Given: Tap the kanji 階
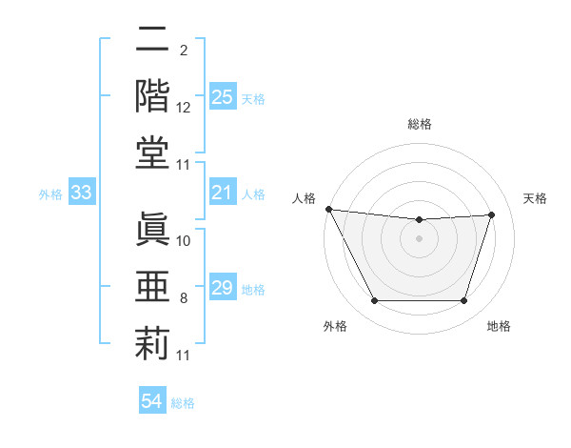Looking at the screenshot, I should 152,95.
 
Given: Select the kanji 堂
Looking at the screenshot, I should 152,153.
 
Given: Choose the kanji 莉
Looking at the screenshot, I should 152,343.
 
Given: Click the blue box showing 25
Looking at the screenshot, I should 223,96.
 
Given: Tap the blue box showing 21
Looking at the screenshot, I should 223,193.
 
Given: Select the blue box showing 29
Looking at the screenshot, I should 223,288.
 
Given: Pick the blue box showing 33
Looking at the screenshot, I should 82,193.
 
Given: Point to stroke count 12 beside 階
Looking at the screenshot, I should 184,108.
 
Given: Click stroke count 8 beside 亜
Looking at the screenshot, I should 184,298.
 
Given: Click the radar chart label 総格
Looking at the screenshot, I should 419,124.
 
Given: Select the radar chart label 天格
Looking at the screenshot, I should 535,198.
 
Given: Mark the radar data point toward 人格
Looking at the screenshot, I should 328,209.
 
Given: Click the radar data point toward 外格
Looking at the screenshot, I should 374,301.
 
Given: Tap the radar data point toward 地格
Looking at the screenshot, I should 463,301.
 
